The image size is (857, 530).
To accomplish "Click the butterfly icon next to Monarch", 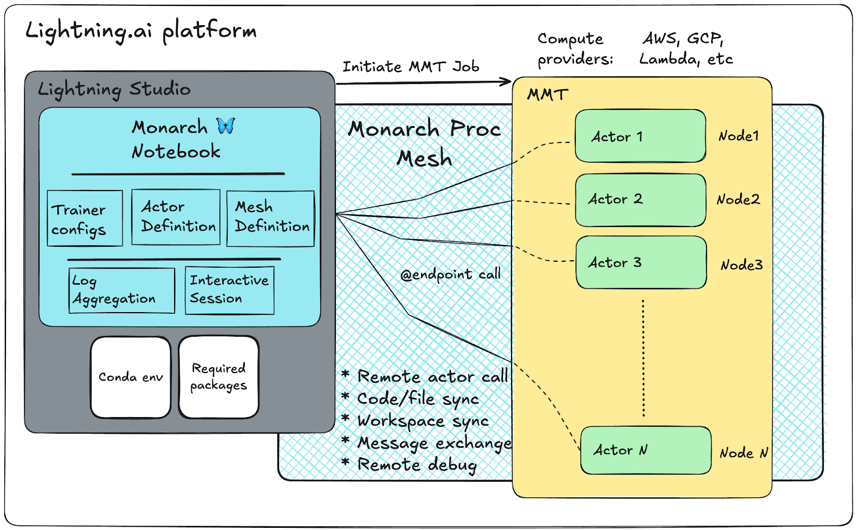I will point(225,126).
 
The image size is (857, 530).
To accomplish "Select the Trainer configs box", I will point(85,218).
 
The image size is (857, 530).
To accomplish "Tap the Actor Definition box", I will point(176,217).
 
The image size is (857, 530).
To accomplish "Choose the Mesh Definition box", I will point(270,218).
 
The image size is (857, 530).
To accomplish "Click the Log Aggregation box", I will point(122,290).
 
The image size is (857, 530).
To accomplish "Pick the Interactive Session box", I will point(229,290).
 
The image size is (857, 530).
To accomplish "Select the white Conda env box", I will point(131,377).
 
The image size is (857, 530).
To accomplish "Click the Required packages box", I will point(219,377).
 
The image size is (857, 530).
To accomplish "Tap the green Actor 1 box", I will point(640,136).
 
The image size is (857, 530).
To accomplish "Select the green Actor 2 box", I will point(640,200).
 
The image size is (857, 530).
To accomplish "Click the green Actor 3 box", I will point(641,262).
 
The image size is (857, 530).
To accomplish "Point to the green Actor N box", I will point(645,450).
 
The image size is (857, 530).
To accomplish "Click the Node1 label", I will point(739,136).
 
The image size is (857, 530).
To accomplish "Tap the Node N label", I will point(743,453).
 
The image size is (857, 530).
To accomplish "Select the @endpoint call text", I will point(450,275).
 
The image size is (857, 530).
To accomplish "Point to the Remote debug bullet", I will point(417,465).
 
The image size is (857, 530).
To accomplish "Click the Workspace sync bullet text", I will point(423,421).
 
